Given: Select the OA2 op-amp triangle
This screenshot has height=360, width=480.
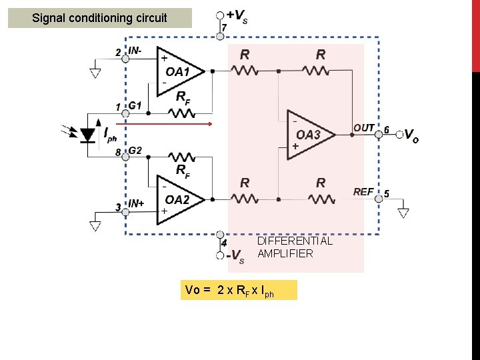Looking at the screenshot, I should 176,199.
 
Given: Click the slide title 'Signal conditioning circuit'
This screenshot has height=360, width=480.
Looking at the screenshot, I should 100,18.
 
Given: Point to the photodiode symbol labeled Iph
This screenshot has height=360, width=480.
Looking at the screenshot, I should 88,135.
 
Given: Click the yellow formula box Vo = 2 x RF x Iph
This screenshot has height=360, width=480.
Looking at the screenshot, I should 238,290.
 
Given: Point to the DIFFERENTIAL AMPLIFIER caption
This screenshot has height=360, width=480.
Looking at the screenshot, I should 294,247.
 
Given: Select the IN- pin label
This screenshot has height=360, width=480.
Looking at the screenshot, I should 135,51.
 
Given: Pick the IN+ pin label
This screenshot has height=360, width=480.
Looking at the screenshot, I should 136,203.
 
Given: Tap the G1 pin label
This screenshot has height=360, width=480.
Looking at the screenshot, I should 135,105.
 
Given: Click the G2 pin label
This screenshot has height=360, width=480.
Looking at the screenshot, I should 135,151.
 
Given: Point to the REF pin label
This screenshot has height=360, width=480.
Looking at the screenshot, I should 363,192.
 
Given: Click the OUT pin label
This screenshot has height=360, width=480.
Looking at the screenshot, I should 364,127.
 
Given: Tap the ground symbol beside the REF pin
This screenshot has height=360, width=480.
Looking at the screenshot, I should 403,213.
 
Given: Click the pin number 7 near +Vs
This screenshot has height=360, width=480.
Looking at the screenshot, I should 224,27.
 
